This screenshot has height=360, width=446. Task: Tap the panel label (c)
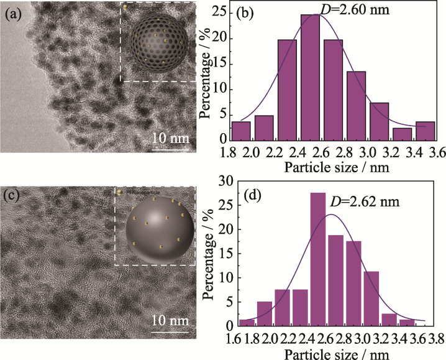pos(14,197)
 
